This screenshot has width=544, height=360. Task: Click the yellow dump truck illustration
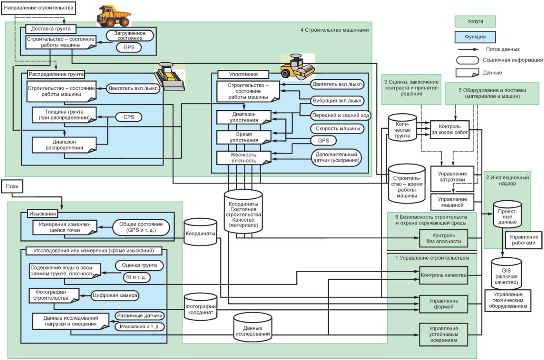[114, 16]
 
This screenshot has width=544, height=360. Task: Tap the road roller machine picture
[297, 67]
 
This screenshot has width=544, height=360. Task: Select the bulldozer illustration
[169, 76]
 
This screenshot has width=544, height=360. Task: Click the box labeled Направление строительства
[39, 8]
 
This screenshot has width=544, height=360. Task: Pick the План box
[12, 186]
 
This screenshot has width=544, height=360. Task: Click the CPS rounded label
[129, 117]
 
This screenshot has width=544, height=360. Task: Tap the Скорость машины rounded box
[337, 129]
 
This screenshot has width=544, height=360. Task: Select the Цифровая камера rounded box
[114, 296]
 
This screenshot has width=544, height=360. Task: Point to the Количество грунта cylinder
[403, 127]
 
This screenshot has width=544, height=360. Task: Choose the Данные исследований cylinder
[252, 327]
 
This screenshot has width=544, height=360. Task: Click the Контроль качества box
[443, 275]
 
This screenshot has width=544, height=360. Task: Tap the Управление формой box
[443, 304]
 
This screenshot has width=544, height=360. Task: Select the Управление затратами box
[452, 179]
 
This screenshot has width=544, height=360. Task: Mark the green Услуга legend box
[475, 22]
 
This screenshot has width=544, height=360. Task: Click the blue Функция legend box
[475, 37]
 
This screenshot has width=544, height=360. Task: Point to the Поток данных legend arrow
[468, 49]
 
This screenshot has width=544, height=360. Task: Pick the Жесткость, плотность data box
[244, 158]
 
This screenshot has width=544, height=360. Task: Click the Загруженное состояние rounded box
[130, 35]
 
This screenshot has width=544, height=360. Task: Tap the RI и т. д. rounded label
[136, 277]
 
